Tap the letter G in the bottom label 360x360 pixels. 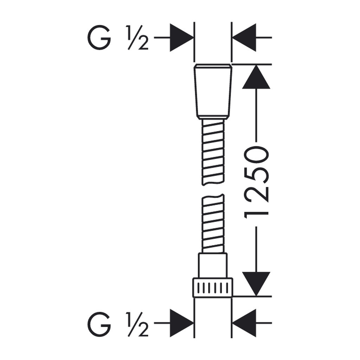[99, 324]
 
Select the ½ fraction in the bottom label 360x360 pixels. [137, 324]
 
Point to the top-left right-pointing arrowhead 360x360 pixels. [181, 37]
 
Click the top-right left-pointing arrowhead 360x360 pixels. [244, 37]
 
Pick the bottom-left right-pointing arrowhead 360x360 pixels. [181, 323]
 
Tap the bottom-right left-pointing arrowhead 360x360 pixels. [244, 323]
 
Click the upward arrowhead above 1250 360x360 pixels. [256, 77]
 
